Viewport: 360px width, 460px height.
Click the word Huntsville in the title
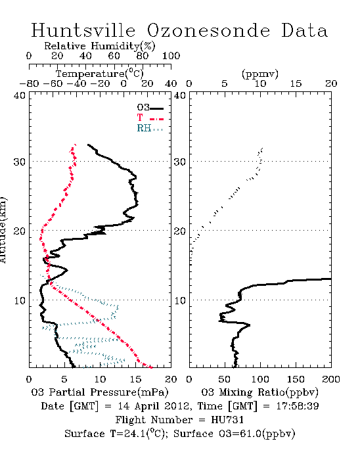click(x=83, y=30)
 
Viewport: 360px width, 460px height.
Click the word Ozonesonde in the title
click(x=208, y=30)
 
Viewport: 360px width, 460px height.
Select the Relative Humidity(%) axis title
click(x=100, y=46)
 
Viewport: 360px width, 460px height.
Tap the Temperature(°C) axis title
click(x=100, y=74)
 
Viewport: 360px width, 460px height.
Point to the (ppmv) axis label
click(x=260, y=74)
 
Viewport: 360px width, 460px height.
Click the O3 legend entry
click(x=150, y=108)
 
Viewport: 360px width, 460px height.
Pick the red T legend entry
click(x=150, y=118)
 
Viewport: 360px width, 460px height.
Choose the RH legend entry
click(x=150, y=128)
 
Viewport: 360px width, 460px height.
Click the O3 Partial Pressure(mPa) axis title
click(x=100, y=392)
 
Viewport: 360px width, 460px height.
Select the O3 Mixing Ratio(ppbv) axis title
click(x=259, y=392)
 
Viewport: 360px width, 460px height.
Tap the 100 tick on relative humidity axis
click(x=171, y=56)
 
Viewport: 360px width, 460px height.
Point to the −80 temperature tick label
click(x=29, y=84)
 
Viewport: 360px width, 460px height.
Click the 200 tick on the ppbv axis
click(x=331, y=379)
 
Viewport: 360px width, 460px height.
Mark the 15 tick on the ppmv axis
click(x=296, y=84)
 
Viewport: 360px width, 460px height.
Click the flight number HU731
click(x=227, y=420)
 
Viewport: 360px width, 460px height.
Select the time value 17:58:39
click(x=298, y=406)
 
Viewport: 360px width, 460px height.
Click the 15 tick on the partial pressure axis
click(x=135, y=379)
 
